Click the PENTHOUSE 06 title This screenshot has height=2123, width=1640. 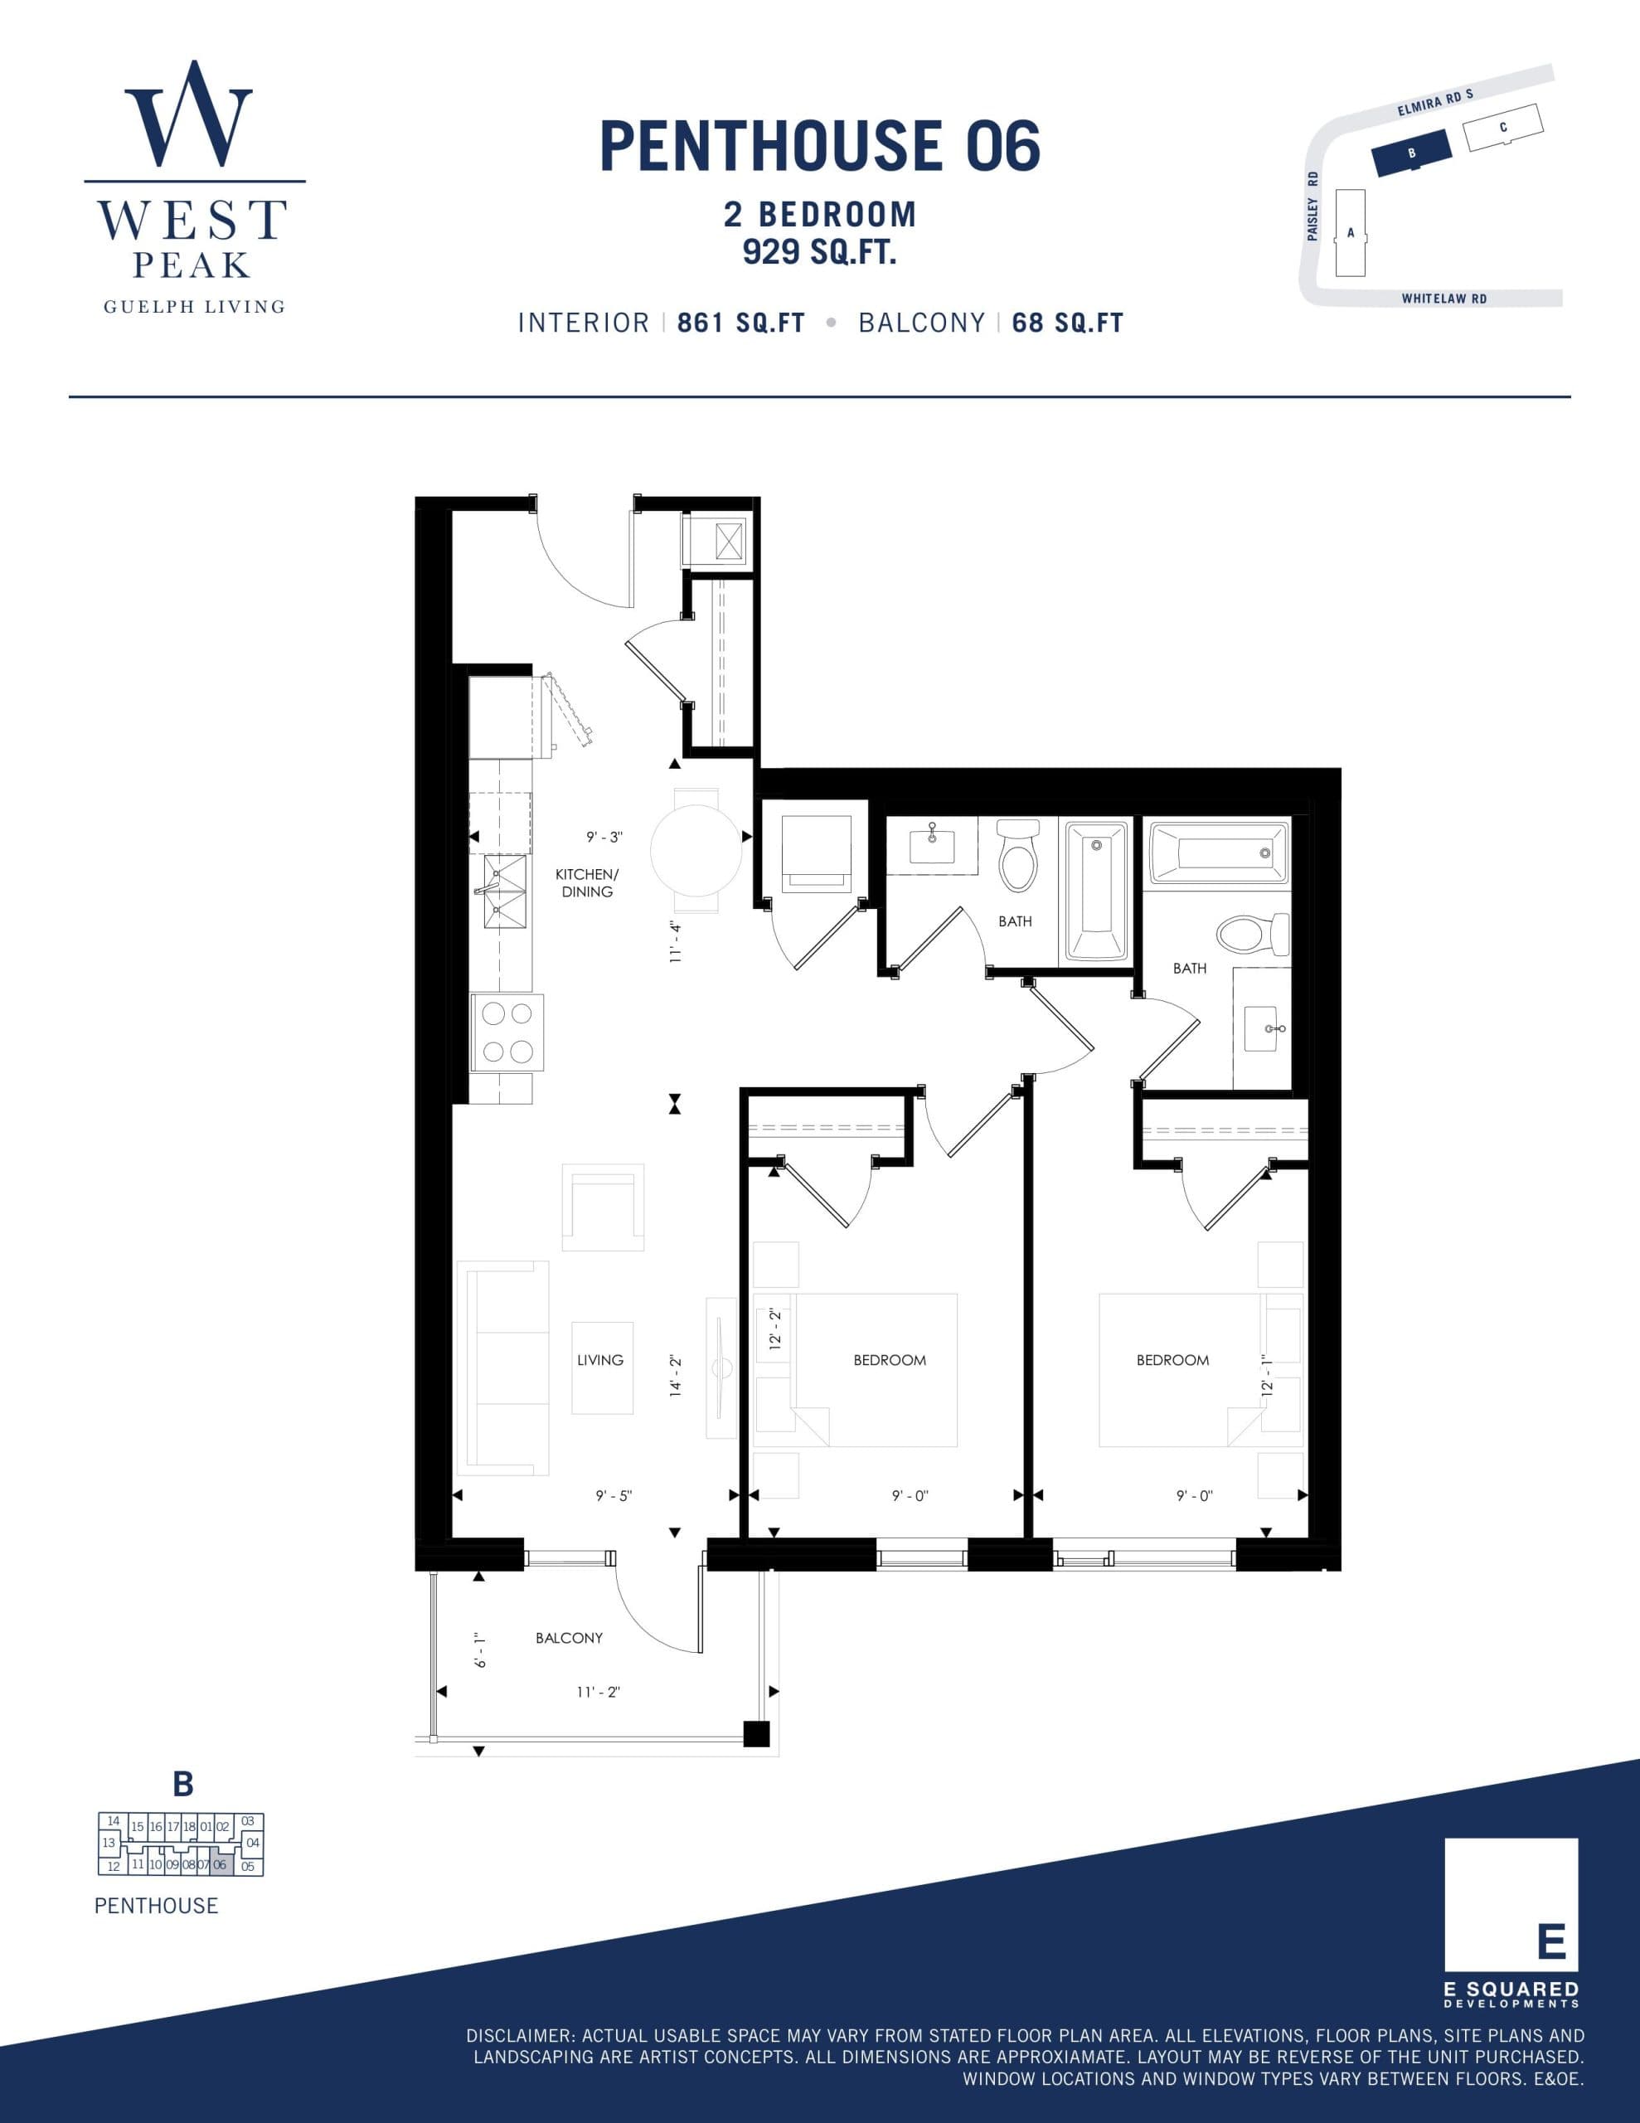[819, 147]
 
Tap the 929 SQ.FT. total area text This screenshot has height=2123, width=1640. [818, 252]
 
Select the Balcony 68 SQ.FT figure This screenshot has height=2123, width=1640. [1067, 323]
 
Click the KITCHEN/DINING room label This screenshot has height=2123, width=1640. [586, 882]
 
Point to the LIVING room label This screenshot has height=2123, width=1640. [599, 1360]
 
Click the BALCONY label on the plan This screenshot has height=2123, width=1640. [569, 1638]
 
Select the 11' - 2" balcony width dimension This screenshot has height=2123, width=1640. [598, 1692]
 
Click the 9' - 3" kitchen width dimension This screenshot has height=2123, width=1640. [604, 837]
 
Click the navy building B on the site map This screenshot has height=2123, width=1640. [1410, 153]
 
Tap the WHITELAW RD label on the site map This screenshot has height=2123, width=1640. [1443, 299]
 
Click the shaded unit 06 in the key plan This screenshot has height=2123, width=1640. [221, 1864]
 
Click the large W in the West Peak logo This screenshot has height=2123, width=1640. [188, 114]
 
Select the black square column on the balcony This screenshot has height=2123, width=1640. [756, 1734]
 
